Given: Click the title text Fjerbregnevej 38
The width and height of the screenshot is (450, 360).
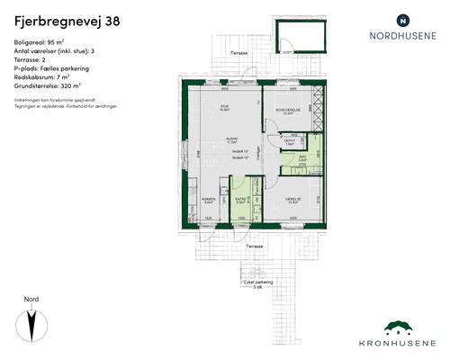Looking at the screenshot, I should tap(64, 19).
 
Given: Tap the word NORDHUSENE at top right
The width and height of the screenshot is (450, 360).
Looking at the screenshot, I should tap(402, 36).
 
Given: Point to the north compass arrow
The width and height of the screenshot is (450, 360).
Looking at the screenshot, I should tap(32, 323).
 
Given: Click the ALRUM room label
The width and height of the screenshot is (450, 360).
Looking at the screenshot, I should tap(230, 140).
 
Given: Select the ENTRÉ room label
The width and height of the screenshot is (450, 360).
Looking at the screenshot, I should tap(240, 201).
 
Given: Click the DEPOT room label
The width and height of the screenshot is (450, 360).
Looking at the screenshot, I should tap(290, 141).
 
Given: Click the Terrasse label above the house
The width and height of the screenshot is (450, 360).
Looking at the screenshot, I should tap(239, 53).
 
